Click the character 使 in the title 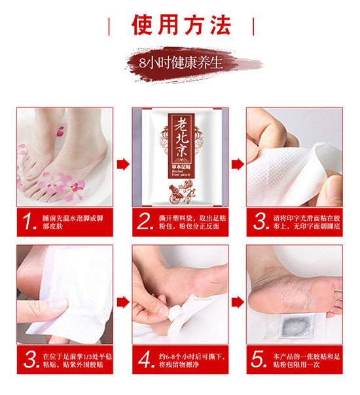coord(143,24)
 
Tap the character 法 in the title coord(221,24)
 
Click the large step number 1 coord(29,222)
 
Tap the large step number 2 coord(145,221)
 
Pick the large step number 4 coord(146,359)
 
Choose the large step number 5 coord(259,359)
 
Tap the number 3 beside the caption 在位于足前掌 coord(31,359)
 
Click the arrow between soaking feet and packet coord(123,164)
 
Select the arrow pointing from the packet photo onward coord(238,164)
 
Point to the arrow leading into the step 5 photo coord(238,302)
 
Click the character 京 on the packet coord(181,151)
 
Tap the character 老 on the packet coord(181,124)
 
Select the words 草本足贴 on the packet coord(181,167)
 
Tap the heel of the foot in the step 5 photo coord(259,297)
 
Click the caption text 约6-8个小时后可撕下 coord(192,356)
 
